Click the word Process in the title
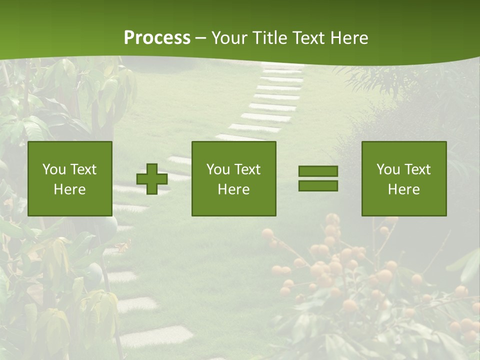pos(157,38)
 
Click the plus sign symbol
pos(152,179)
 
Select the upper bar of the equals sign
pos(318,171)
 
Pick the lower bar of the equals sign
pos(318,185)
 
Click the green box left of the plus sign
pos(70,178)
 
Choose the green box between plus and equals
pos(234,178)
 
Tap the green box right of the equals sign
pos(404,178)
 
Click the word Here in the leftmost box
pos(70,189)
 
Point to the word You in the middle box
pos(218,169)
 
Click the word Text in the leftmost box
pos(83,169)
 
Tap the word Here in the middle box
pos(234,189)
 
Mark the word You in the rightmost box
pos(388,169)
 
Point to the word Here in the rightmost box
pos(404,189)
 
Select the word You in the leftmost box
pos(54,169)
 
